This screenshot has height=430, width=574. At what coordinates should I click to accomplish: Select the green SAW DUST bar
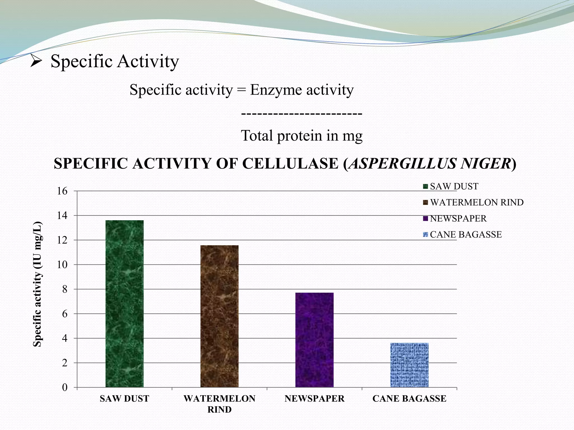124,304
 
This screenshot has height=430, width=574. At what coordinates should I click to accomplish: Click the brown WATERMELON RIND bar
219,316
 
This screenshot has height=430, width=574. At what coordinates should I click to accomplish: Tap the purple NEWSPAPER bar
314,340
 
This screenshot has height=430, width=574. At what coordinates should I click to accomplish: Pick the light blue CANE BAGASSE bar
409,365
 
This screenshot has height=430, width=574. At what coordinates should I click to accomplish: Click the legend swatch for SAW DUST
425,186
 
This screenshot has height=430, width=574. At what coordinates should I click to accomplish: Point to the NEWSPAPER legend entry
458,218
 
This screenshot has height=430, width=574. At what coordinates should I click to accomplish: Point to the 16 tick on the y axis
62,191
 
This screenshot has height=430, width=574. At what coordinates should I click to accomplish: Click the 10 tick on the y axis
62,265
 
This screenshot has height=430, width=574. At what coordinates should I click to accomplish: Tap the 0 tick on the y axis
65,388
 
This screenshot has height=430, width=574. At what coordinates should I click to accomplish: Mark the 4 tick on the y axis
65,338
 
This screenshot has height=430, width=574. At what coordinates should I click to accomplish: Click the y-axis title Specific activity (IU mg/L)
38,284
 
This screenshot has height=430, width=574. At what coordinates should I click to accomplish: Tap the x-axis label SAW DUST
124,399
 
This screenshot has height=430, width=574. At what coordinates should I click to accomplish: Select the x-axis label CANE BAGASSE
409,399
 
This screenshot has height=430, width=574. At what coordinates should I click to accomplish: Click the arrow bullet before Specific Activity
36,61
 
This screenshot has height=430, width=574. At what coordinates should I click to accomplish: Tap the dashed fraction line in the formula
302,114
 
